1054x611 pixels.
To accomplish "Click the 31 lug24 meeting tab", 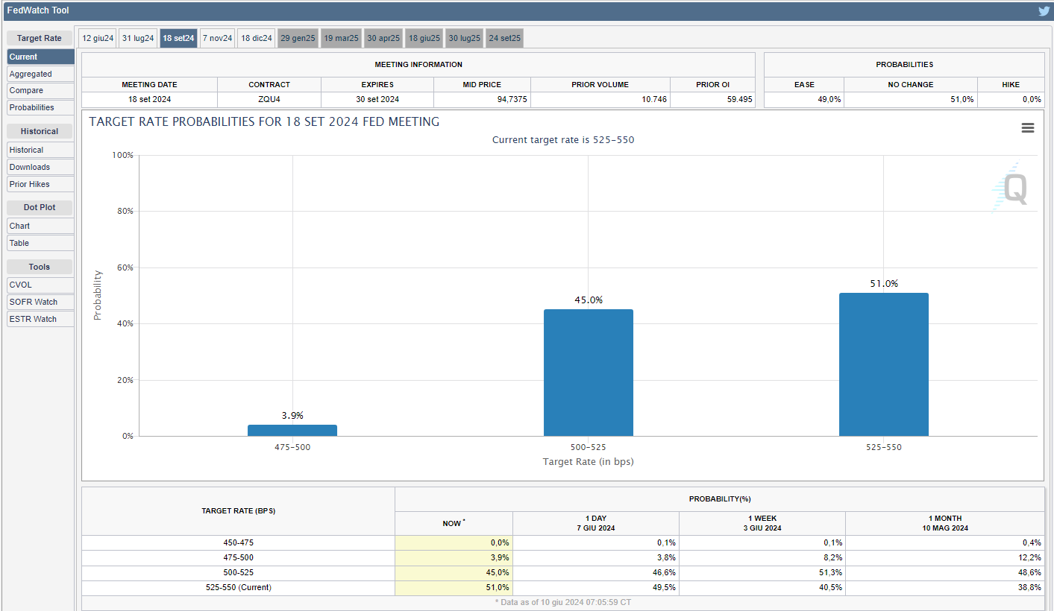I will [x=138, y=38].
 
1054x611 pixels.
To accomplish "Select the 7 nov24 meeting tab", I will [x=217, y=38].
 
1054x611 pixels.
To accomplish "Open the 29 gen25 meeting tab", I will [x=298, y=38].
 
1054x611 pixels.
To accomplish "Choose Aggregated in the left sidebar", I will [x=40, y=74].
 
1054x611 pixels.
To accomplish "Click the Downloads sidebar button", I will [x=40, y=167].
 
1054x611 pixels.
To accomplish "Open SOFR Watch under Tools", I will [x=40, y=302].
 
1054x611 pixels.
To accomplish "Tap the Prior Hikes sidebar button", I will [x=40, y=184].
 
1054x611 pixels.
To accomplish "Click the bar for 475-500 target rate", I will [x=292, y=430].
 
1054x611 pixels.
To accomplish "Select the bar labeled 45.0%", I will [x=588, y=373].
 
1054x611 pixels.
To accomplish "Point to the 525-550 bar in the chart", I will [x=883, y=364].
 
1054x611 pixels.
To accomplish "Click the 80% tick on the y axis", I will [x=122, y=212].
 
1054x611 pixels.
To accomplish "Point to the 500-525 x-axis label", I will [x=588, y=448].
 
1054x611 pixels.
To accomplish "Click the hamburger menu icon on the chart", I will [x=1027, y=128].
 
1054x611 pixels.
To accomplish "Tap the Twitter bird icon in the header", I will [x=1044, y=11].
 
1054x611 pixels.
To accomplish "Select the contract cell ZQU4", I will [x=269, y=99].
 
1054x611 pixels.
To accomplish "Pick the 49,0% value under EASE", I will [x=829, y=99].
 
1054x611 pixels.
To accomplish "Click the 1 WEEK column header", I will [x=762, y=522].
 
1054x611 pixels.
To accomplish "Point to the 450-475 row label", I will [x=238, y=542].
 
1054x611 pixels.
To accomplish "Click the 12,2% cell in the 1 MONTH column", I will [x=1029, y=557].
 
